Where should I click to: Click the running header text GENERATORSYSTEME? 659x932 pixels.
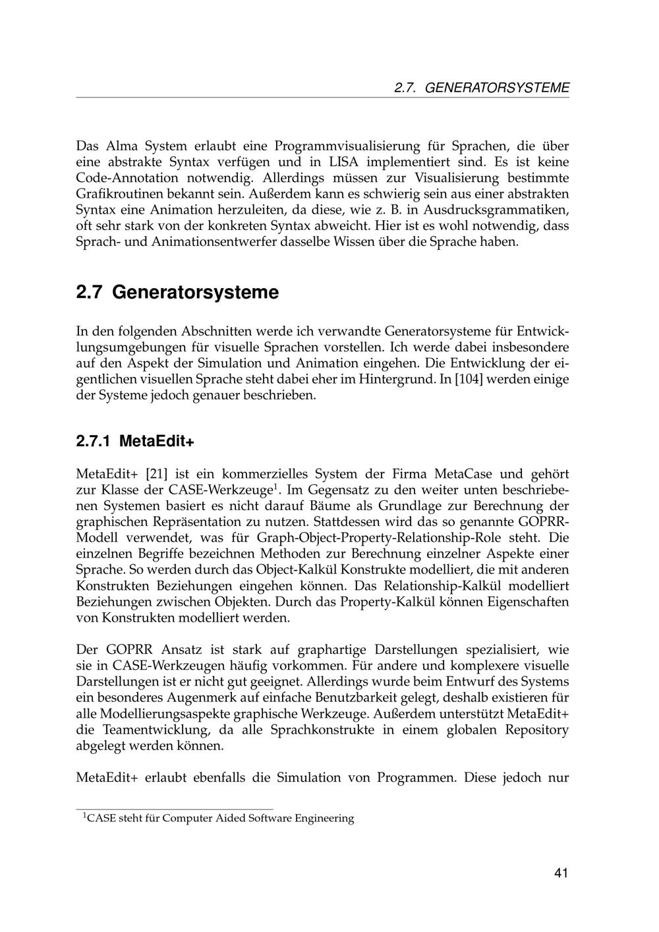pos(497,88)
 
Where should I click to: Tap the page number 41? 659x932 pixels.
pos(561,873)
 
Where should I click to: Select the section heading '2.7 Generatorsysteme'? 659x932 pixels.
pos(177,292)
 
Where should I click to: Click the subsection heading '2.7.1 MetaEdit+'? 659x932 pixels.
pos(135,441)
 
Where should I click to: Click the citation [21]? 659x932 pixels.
pos(156,475)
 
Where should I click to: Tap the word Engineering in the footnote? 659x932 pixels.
pos(324,819)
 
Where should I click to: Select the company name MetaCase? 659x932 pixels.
pos(467,475)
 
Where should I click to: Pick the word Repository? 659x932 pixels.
pos(536,730)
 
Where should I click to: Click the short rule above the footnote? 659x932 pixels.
pos(175,809)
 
